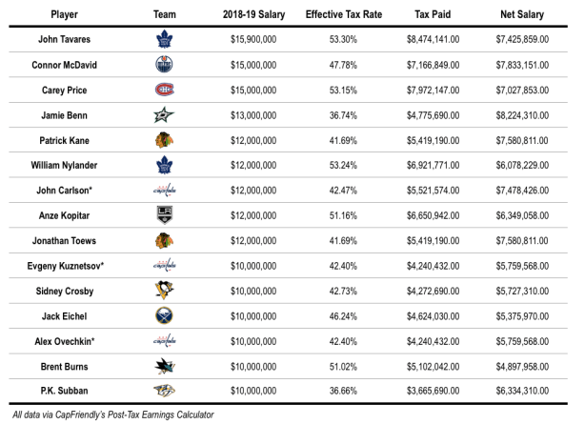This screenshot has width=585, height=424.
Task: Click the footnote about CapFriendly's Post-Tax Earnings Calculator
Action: coord(108,414)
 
